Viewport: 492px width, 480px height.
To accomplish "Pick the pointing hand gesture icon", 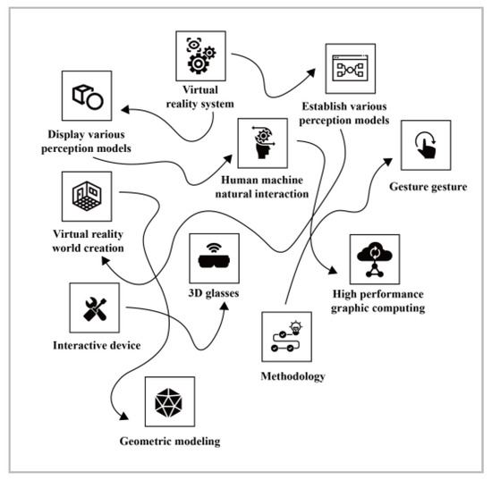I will pyautogui.click(x=425, y=146).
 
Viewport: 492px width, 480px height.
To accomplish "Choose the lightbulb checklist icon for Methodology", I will pyautogui.click(x=287, y=336).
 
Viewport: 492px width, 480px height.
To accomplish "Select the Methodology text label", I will pyautogui.click(x=288, y=375).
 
